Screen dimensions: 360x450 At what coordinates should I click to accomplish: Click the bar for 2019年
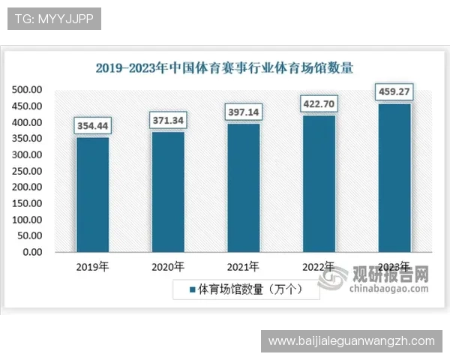(x=92, y=194)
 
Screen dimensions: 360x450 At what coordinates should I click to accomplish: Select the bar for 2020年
(x=168, y=191)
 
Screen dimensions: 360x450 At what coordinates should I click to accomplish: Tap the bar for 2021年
(x=244, y=187)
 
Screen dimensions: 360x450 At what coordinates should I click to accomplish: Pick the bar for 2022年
(x=319, y=183)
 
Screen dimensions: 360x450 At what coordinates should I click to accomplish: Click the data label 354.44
(x=92, y=126)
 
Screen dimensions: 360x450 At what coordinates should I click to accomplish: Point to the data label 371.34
(x=168, y=120)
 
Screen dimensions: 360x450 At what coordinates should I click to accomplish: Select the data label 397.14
(x=244, y=112)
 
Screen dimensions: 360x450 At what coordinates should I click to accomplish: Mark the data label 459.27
(x=394, y=92)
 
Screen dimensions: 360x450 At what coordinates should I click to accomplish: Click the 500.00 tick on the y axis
(x=28, y=90)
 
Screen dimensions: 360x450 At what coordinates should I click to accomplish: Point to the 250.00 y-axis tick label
(x=28, y=171)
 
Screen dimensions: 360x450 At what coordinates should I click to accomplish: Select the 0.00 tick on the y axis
(x=32, y=252)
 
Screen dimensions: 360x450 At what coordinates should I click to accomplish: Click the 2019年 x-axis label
(x=92, y=267)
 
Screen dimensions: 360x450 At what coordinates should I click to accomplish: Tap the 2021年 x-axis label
(x=244, y=267)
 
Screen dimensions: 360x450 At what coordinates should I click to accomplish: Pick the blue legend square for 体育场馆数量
(x=192, y=289)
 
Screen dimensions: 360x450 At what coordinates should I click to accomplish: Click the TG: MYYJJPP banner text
(x=53, y=19)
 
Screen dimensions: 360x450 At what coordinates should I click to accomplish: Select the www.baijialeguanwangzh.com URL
(x=351, y=341)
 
